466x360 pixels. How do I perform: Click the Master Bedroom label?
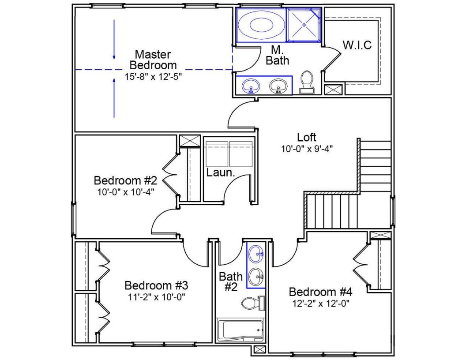pos(153,60)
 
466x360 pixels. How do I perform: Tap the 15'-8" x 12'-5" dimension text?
pos(153,76)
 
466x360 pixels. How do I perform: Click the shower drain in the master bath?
pos(304,25)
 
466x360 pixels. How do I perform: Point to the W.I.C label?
pos(357,45)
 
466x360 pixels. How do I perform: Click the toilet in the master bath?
pos(306,82)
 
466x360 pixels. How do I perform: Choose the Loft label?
pos(307,137)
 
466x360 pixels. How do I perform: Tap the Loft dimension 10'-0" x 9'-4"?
pos(307,149)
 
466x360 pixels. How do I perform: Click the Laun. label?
pos(221,172)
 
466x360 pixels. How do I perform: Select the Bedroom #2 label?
pos(125,180)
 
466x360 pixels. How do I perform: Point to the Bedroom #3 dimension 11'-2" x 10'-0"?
pos(156,297)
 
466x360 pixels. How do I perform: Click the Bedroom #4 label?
pos(320,292)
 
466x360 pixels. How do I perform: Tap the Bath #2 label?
pos(231,281)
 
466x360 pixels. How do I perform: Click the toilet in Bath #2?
pos(252,303)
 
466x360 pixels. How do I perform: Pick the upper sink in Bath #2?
pos(256,254)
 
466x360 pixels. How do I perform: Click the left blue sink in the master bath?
pos(251,86)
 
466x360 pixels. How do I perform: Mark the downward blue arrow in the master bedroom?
pos(114,40)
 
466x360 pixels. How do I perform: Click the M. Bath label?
pos(277,55)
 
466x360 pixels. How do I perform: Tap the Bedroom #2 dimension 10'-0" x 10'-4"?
pos(126,192)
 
